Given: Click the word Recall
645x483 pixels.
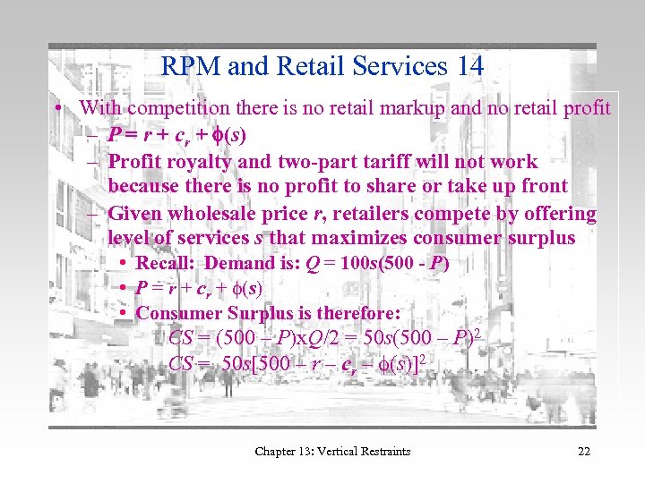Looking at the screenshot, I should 165,263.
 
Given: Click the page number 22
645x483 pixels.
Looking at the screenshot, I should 584,451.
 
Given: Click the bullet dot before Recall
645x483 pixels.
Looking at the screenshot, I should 123,264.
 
